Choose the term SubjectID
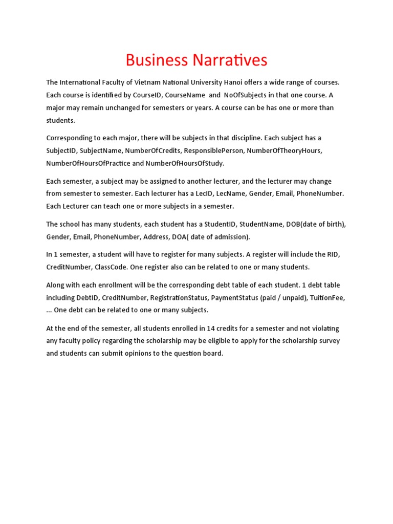(61, 150)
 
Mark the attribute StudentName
(259, 224)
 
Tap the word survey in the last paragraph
(329, 340)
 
